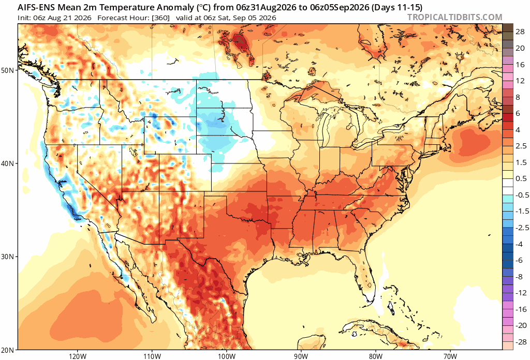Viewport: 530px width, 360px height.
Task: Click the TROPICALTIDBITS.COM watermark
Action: point(454,17)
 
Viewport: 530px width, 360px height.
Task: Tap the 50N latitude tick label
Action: point(9,70)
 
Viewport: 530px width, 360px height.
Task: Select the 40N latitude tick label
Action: point(9,163)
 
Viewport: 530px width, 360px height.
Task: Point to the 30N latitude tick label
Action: point(9,257)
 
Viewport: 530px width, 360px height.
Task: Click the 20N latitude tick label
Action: point(9,350)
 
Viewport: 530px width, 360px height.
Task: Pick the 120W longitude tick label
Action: point(78,356)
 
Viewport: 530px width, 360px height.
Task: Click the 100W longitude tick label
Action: point(227,356)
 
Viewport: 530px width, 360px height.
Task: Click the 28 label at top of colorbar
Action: point(520,32)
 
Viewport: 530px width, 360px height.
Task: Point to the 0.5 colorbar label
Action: point(521,178)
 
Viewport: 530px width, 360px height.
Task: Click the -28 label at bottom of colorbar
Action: point(521,342)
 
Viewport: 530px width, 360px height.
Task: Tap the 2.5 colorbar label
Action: point(521,146)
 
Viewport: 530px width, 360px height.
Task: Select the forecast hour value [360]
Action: point(161,18)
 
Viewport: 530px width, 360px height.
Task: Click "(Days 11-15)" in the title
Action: point(397,7)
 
